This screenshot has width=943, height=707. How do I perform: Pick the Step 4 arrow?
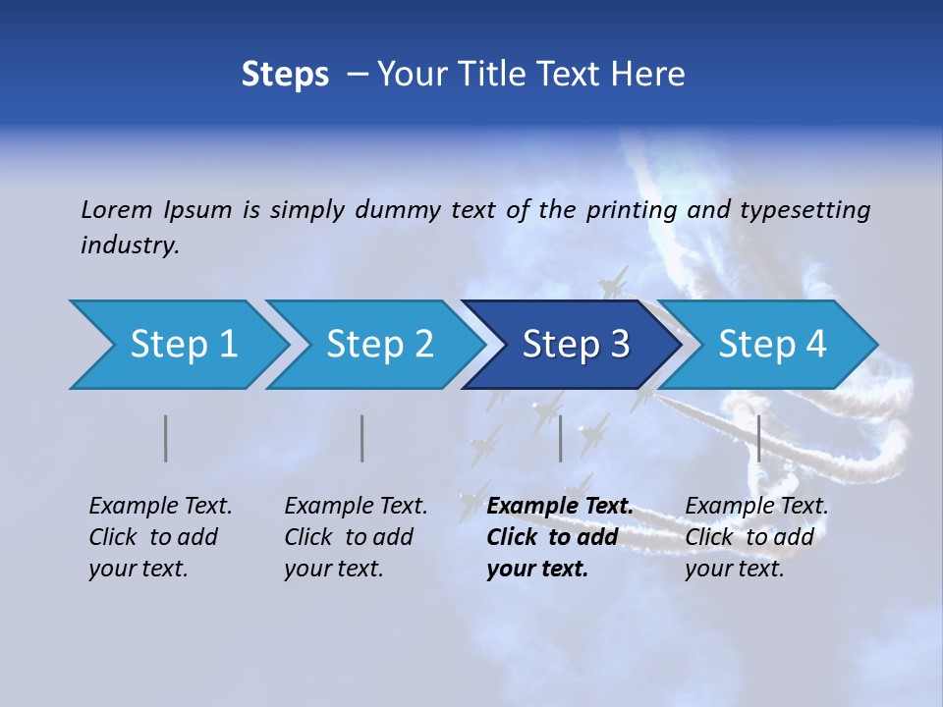(x=772, y=345)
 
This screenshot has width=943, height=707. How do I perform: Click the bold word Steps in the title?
(x=285, y=75)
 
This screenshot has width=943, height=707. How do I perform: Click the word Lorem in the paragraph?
(x=117, y=210)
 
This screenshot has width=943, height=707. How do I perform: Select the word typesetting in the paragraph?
(x=804, y=210)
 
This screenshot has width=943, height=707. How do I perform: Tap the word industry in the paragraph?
(x=130, y=245)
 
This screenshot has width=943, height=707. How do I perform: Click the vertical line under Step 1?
(x=166, y=438)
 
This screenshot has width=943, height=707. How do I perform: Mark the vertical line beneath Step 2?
(x=362, y=438)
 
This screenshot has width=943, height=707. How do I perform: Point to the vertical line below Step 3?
(x=560, y=438)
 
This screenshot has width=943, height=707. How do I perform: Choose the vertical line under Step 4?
(x=758, y=438)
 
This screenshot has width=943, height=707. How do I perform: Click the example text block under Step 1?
(x=160, y=537)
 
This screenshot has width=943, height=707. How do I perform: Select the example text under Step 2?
(x=356, y=537)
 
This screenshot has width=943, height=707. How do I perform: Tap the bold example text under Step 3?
(x=559, y=537)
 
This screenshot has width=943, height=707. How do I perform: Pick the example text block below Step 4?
(x=756, y=537)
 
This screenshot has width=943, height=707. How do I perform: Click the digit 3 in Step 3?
(x=619, y=345)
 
